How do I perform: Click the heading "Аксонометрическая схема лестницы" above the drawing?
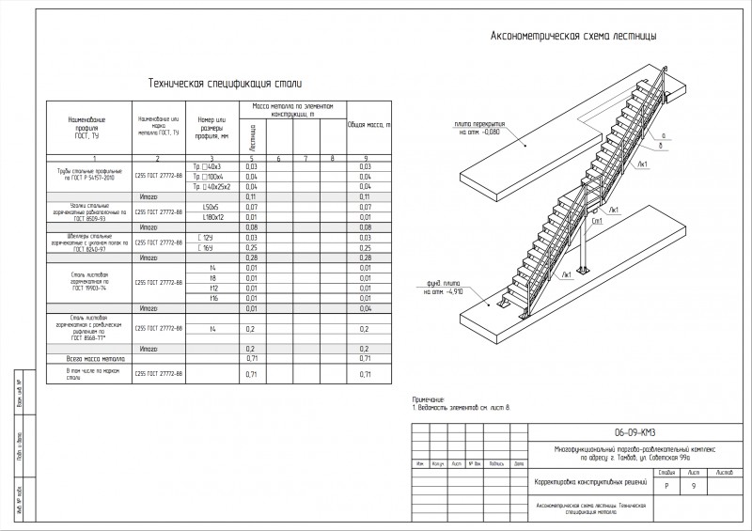point(572,36)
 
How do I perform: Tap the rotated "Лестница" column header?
point(252,138)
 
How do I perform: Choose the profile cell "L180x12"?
point(211,216)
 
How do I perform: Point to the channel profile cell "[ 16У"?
point(209,247)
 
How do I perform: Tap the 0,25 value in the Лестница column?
point(251,247)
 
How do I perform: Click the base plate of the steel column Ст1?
point(584,270)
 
